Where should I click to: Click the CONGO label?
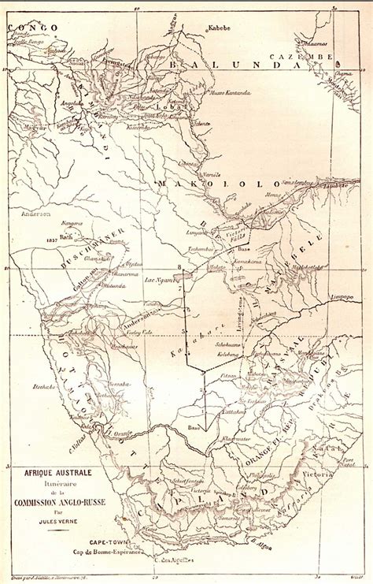click(x=33, y=28)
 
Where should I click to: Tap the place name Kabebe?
click(x=220, y=28)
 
